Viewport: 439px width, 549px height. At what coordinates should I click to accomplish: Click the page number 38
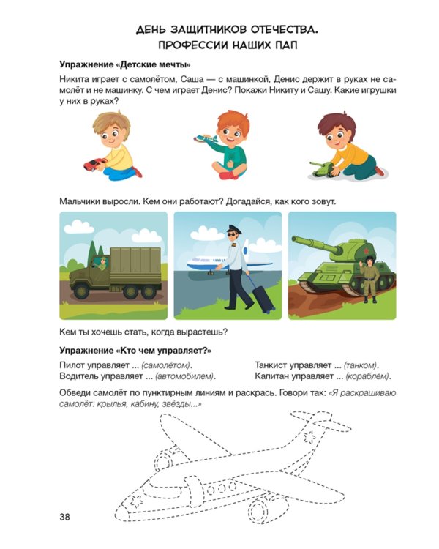coord(64,518)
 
